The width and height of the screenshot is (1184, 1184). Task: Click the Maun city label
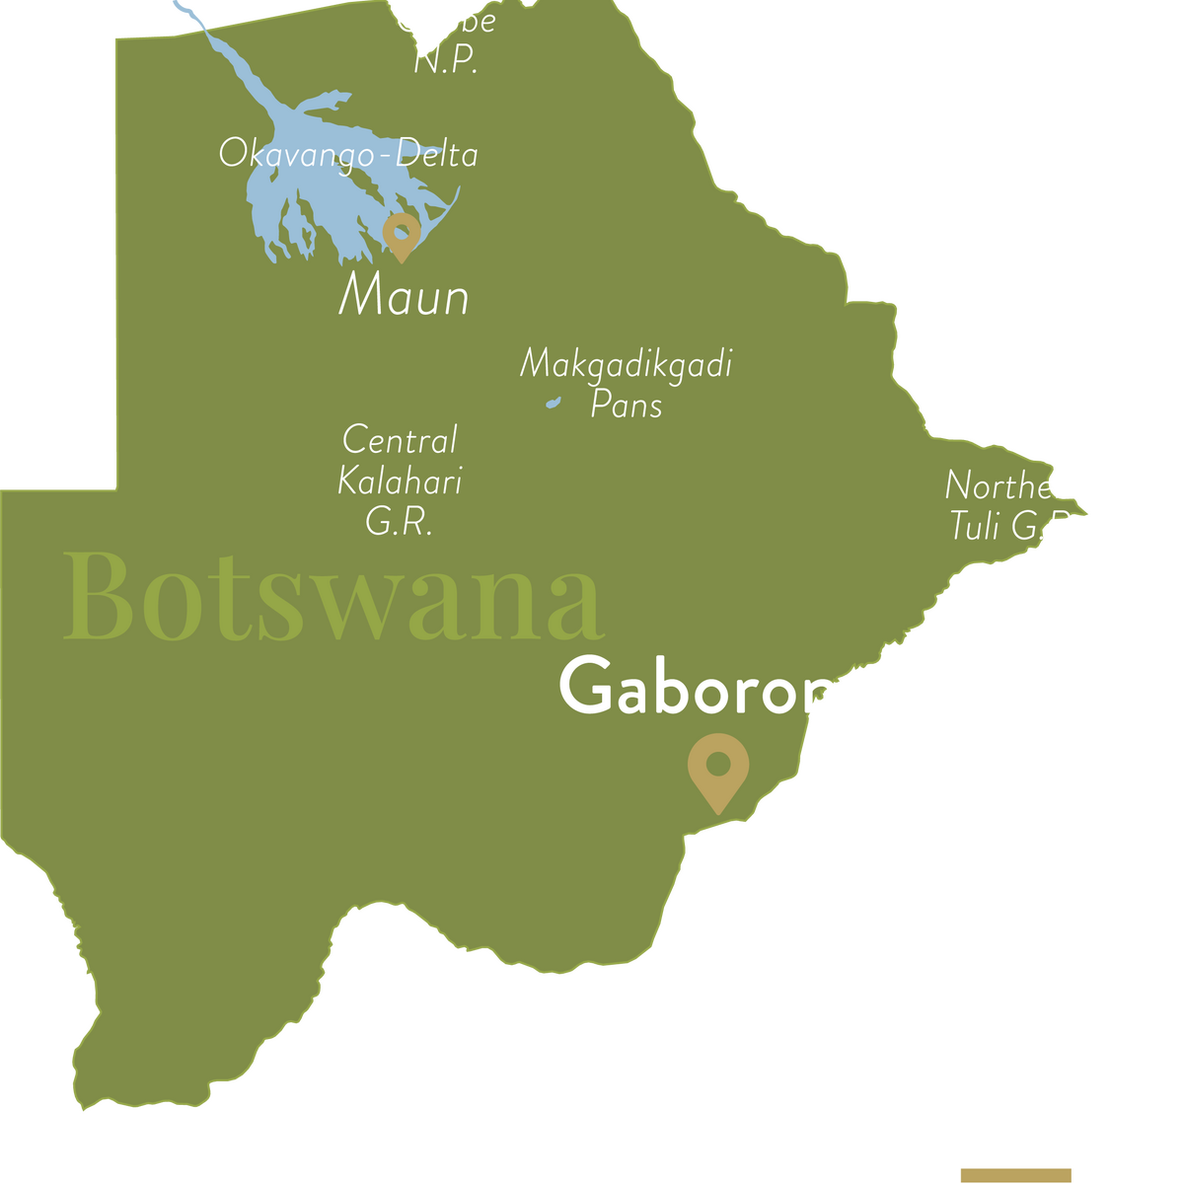click(404, 296)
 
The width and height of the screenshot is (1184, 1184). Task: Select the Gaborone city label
click(717, 689)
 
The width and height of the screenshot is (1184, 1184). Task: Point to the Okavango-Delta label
click(348, 155)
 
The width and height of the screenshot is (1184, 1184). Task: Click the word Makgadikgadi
click(626, 365)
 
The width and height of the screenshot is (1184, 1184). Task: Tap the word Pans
click(626, 405)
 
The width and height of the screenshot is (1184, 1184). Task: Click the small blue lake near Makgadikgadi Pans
click(554, 403)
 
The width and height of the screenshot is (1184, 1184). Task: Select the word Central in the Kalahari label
click(400, 440)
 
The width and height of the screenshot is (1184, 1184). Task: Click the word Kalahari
click(400, 481)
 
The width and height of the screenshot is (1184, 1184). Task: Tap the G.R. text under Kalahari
click(400, 521)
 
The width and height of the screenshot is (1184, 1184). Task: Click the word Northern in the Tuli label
click(1014, 485)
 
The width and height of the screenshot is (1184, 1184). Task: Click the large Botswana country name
click(333, 597)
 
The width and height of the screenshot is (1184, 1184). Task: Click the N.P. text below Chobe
click(446, 61)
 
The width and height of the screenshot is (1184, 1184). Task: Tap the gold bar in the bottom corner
click(1015, 1174)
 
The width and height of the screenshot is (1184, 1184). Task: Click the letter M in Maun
click(360, 294)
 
